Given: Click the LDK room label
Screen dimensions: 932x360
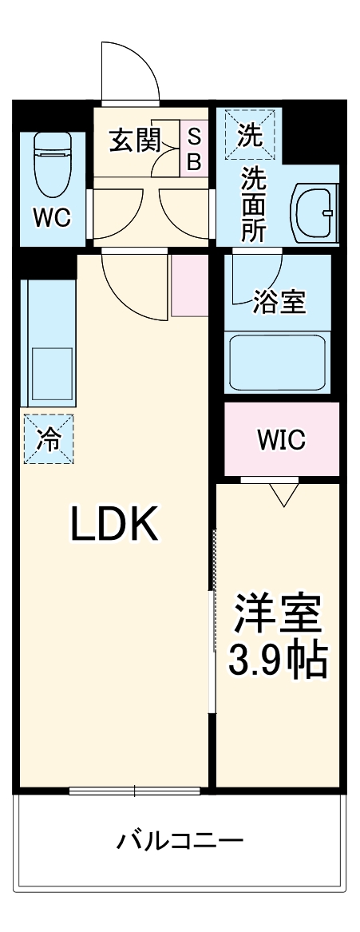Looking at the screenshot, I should click(117, 525).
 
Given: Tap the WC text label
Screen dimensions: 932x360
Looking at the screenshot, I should click(52, 218).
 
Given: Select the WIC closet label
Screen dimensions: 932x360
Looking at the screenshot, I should click(280, 439).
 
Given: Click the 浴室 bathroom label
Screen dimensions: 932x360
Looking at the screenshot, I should click(279, 303).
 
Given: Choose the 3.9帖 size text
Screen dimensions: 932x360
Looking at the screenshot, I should click(279, 660).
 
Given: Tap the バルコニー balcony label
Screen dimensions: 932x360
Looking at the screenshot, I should click(180, 841).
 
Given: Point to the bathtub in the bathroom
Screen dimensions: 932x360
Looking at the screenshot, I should click(277, 361).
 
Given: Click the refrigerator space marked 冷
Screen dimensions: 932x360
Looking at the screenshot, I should click(48, 438).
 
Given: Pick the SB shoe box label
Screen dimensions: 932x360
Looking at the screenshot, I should click(195, 149).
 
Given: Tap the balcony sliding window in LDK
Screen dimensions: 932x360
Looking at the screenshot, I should click(134, 791).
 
